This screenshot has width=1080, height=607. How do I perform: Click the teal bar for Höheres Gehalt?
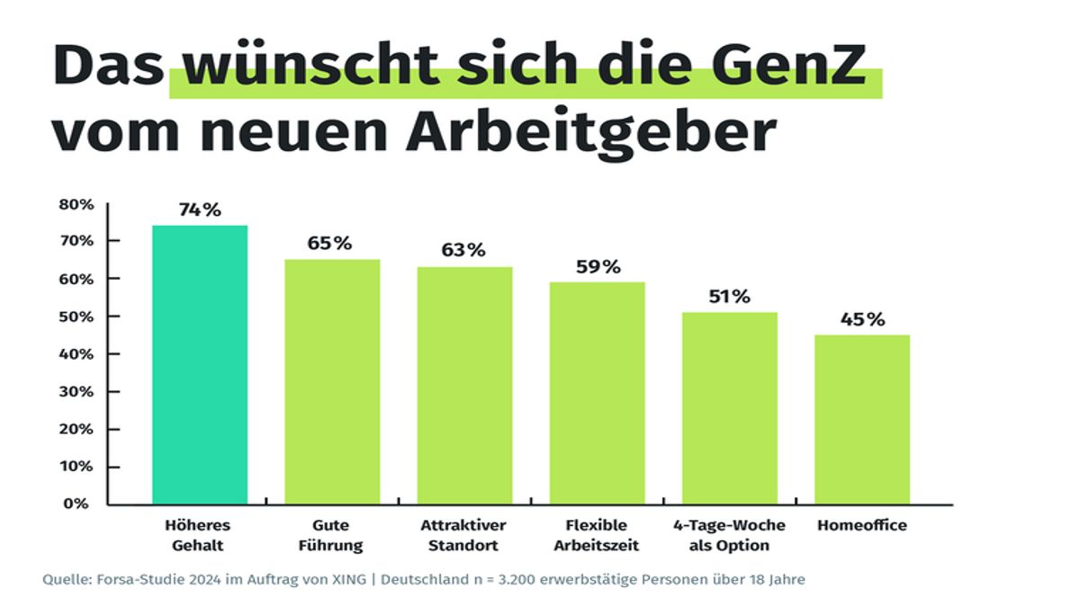200,364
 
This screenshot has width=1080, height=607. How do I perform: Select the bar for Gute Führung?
332,381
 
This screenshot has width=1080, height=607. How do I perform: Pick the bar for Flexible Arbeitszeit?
597,392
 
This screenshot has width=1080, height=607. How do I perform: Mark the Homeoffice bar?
861,419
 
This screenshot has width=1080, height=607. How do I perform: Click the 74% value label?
200,210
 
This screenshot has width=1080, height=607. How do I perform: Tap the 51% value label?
729,297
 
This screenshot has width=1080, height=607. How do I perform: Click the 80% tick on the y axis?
77,204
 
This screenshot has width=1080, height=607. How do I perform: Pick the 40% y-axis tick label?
77,354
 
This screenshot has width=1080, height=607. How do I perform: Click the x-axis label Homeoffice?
862,525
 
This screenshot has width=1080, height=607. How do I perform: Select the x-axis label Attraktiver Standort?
463,535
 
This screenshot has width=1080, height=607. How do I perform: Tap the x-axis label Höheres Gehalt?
199,535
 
